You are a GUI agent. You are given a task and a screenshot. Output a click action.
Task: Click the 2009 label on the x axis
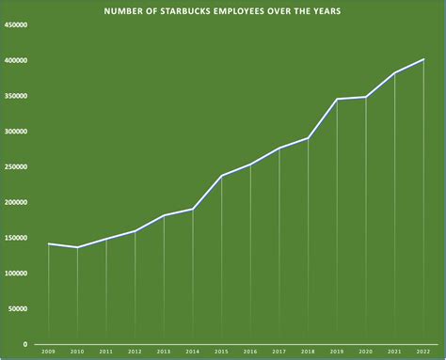click(x=48, y=351)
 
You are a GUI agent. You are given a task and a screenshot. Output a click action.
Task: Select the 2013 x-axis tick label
click(x=164, y=351)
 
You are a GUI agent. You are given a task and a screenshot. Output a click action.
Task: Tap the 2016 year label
click(x=250, y=351)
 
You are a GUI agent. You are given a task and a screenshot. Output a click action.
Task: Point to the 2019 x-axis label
click(x=337, y=351)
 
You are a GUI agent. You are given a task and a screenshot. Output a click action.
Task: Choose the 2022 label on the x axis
click(x=423, y=351)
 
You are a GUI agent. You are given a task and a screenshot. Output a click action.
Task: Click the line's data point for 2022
click(x=423, y=59)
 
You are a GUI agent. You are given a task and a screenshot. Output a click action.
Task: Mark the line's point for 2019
click(x=337, y=99)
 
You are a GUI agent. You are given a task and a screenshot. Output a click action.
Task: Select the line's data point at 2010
click(x=77, y=247)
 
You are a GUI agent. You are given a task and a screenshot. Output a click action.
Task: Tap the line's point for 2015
click(x=222, y=176)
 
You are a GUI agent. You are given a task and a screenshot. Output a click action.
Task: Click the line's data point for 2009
click(x=48, y=243)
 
